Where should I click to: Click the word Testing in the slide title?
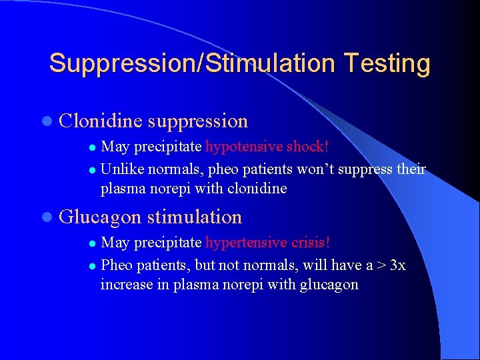(387, 64)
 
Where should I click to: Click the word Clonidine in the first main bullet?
(100, 121)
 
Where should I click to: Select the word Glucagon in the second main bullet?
(100, 217)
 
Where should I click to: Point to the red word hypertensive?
(243, 242)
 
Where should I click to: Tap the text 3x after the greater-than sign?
(397, 265)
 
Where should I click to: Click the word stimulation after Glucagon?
(195, 217)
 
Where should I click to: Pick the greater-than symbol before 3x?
(381, 265)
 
